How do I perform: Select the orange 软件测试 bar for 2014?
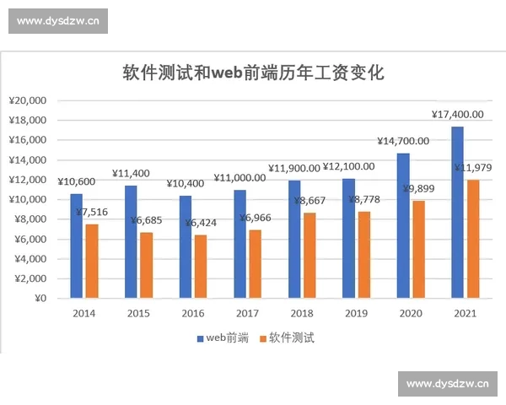pyautogui.click(x=92, y=261)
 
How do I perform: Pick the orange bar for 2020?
pyautogui.click(x=418, y=250)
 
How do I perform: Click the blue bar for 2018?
pyautogui.click(x=293, y=240)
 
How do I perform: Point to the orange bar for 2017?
pyautogui.click(x=256, y=264)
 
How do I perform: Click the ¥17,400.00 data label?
pyautogui.click(x=457, y=115)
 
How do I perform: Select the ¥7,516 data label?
pyautogui.click(x=92, y=212)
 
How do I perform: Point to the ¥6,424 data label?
pyautogui.click(x=201, y=223)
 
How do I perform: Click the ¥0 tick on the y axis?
pyautogui.click(x=40, y=299)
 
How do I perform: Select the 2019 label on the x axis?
pyautogui.click(x=356, y=313)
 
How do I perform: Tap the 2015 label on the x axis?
pyautogui.click(x=138, y=313)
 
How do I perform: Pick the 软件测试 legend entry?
pyautogui.click(x=287, y=338)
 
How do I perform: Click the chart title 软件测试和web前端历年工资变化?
pyautogui.click(x=253, y=73)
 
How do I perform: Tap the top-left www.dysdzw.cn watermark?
pyautogui.click(x=57, y=22)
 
